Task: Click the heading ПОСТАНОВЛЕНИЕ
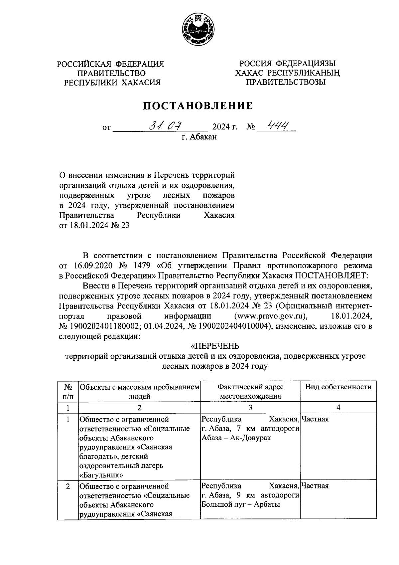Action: coord(198,106)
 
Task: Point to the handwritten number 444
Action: coord(275,125)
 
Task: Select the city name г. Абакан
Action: coord(199,137)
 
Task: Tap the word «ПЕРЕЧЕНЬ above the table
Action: coord(215,346)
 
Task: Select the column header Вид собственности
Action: coord(338,387)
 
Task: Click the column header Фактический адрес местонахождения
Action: coord(250,391)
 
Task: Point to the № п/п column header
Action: coord(68,391)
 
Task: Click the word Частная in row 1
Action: coord(315,419)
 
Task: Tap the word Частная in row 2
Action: coord(315,486)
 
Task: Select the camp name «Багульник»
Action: coord(101,474)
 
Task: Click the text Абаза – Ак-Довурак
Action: coord(236,438)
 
